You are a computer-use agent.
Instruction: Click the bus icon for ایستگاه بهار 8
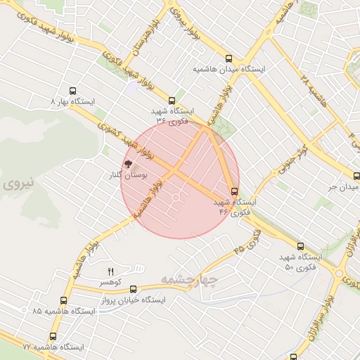pos(72,91)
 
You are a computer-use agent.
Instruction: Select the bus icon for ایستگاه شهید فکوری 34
pos(172,101)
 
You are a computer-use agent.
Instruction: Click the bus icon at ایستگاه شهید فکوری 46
pos(234,191)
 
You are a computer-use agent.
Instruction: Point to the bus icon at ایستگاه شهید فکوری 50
pos(301,247)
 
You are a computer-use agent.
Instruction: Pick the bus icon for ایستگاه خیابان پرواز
pos(134,288)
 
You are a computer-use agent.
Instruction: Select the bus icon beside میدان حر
pos(356,177)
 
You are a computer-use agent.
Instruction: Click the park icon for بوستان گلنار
pos(128,164)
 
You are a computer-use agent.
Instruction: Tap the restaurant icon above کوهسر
pos(110,271)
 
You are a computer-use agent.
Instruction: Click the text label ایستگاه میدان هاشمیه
pos(229,70)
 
